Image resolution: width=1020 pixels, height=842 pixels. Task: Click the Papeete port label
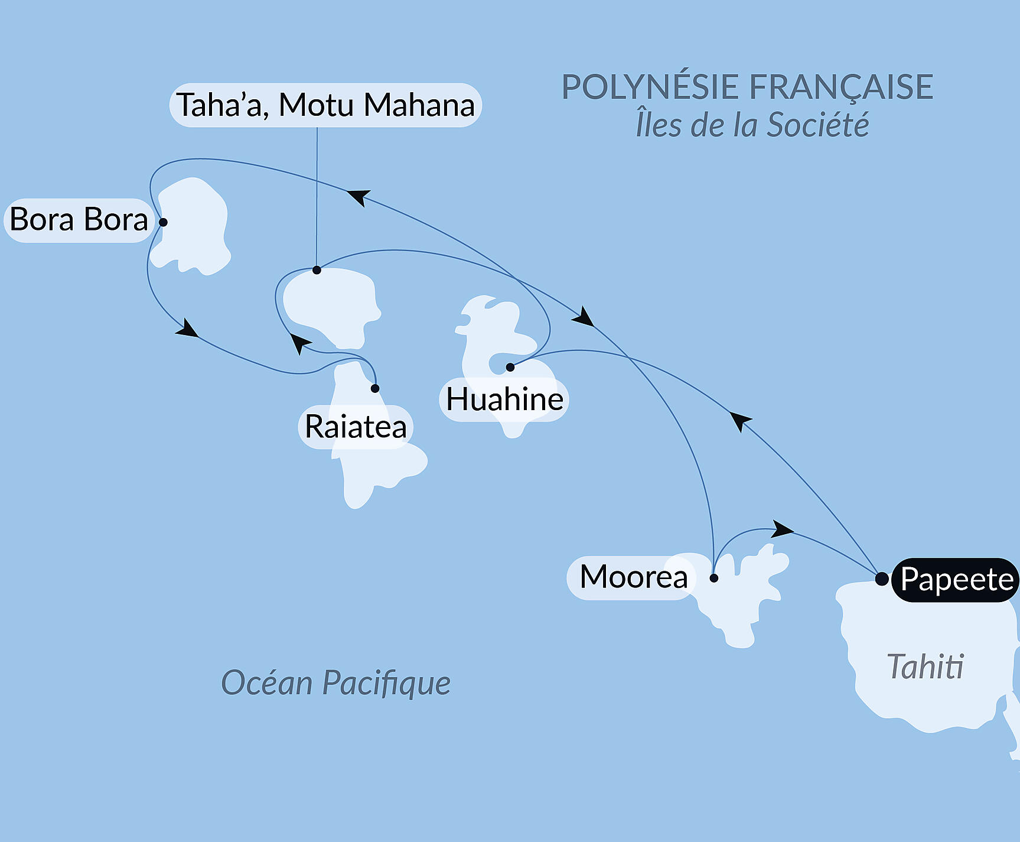point(956,580)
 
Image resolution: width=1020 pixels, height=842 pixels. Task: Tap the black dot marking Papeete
point(881,578)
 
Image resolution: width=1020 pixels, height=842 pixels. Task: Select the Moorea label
point(633,577)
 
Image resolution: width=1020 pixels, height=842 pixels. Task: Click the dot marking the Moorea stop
point(713,578)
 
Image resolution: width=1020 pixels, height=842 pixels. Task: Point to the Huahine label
point(504,399)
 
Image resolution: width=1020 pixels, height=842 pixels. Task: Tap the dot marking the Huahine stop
point(510,368)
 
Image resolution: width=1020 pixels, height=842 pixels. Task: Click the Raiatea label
point(356,427)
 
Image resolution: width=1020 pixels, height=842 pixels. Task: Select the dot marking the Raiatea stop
point(375,388)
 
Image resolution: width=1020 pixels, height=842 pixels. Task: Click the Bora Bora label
point(79,220)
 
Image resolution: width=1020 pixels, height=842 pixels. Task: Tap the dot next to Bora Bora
point(163,222)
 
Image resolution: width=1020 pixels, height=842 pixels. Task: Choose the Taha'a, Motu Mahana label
point(325,105)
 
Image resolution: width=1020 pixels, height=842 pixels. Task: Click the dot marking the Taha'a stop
point(317,270)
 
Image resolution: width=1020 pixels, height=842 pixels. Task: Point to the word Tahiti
point(925,667)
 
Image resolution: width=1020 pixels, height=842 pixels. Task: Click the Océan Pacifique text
point(335,683)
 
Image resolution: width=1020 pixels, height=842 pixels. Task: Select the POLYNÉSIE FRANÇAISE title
point(747,87)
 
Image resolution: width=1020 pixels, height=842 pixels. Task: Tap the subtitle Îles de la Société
point(752,125)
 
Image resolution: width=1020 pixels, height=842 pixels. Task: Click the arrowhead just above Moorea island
point(782,529)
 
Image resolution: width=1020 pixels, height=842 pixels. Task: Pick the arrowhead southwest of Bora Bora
point(188,329)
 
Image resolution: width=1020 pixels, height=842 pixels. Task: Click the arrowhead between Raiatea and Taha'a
point(299,343)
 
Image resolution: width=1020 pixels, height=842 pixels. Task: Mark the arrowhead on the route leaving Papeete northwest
point(740,421)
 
